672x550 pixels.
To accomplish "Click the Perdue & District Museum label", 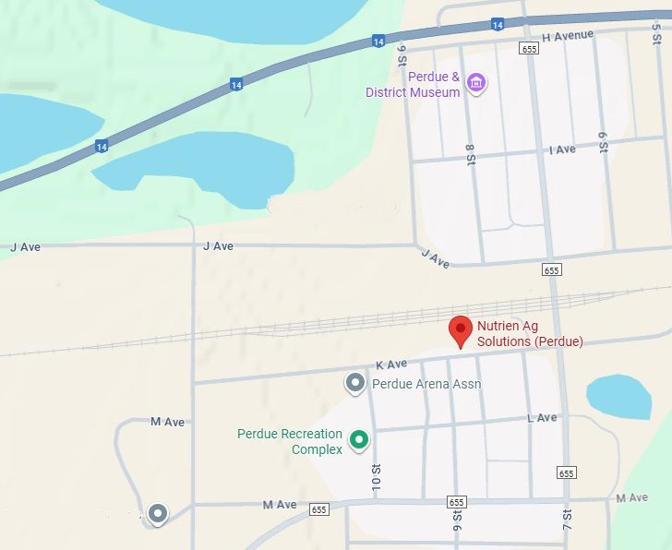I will point(413,85).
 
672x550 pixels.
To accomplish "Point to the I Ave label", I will point(561,149).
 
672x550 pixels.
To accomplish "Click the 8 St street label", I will point(470,153).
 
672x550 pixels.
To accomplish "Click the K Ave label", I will point(391,365).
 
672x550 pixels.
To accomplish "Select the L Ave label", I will point(542,418).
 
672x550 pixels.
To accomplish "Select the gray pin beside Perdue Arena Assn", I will point(354,382).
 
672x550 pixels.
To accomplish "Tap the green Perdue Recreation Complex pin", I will point(359,440).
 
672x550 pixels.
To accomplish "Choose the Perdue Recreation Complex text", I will point(290,441).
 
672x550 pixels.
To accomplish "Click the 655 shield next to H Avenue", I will point(528,49).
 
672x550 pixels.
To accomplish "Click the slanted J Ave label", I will point(435,259).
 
